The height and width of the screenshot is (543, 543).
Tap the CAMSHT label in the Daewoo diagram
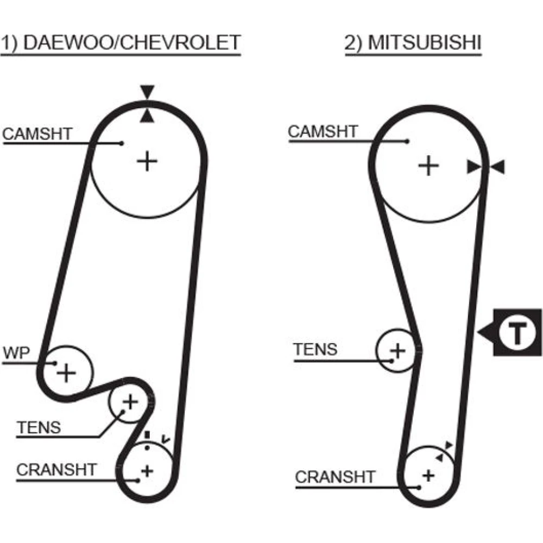pyautogui.click(x=37, y=134)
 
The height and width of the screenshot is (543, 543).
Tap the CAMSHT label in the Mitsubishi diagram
pyautogui.click(x=323, y=131)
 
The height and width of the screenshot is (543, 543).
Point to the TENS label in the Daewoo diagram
pyautogui.click(x=39, y=427)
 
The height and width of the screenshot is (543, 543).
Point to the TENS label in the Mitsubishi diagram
pyautogui.click(x=315, y=349)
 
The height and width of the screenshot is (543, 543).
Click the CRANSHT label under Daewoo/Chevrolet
pyautogui.click(x=56, y=469)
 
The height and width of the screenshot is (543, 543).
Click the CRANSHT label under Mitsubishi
pyautogui.click(x=335, y=477)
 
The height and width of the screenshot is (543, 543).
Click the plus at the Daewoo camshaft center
pyautogui.click(x=147, y=161)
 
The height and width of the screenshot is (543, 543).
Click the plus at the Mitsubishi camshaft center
pyautogui.click(x=428, y=165)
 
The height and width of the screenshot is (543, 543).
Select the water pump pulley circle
pyautogui.click(x=67, y=372)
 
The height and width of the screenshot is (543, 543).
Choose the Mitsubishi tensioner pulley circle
pyautogui.click(x=398, y=350)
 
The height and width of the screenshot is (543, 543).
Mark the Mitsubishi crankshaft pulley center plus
pyautogui.click(x=429, y=476)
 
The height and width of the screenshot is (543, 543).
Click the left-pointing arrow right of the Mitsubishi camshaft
pyautogui.click(x=499, y=167)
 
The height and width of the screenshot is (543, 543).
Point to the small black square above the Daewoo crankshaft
pyautogui.click(x=146, y=434)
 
